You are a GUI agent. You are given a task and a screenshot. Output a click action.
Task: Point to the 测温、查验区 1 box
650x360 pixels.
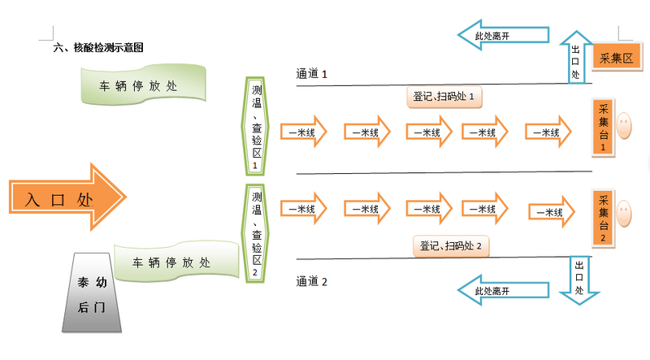click(257, 125)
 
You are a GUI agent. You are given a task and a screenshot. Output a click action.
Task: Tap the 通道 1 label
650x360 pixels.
click(311, 74)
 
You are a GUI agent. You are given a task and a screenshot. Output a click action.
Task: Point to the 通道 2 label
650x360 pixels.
click(311, 282)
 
